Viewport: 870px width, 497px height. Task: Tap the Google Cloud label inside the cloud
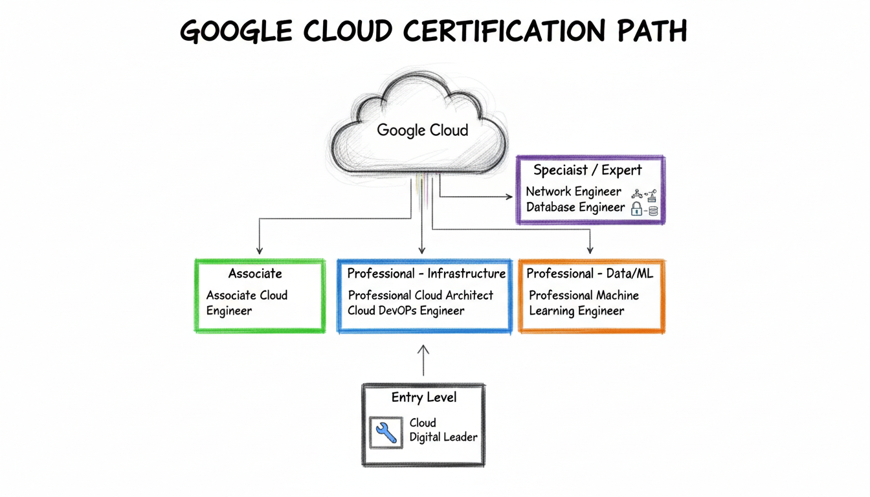pyautogui.click(x=423, y=131)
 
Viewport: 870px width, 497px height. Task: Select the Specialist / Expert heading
pyautogui.click(x=587, y=170)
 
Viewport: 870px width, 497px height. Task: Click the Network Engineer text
pyautogui.click(x=574, y=192)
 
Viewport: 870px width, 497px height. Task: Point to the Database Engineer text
pyautogui.click(x=575, y=207)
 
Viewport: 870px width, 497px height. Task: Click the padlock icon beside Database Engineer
pyautogui.click(x=636, y=208)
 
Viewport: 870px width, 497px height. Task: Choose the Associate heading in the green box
pyautogui.click(x=255, y=273)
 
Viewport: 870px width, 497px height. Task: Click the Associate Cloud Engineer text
pyautogui.click(x=247, y=303)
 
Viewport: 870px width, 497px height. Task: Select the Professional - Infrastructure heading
pyautogui.click(x=426, y=274)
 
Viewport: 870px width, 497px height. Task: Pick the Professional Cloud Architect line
pyautogui.click(x=420, y=296)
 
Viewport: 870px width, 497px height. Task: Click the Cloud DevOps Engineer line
pyautogui.click(x=405, y=311)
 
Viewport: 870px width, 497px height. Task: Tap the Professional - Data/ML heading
pyautogui.click(x=590, y=274)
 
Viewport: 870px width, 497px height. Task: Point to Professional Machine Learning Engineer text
pyautogui.click(x=584, y=303)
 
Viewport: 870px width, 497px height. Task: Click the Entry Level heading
pyautogui.click(x=424, y=397)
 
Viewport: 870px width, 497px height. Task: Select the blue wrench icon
pyautogui.click(x=386, y=432)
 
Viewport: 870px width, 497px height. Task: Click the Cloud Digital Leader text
pyautogui.click(x=443, y=430)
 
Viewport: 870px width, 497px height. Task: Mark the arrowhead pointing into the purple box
pyautogui.click(x=509, y=197)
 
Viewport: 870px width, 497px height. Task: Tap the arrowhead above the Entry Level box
pyautogui.click(x=423, y=349)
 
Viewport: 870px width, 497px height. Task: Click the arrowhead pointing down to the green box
pyautogui.click(x=260, y=250)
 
